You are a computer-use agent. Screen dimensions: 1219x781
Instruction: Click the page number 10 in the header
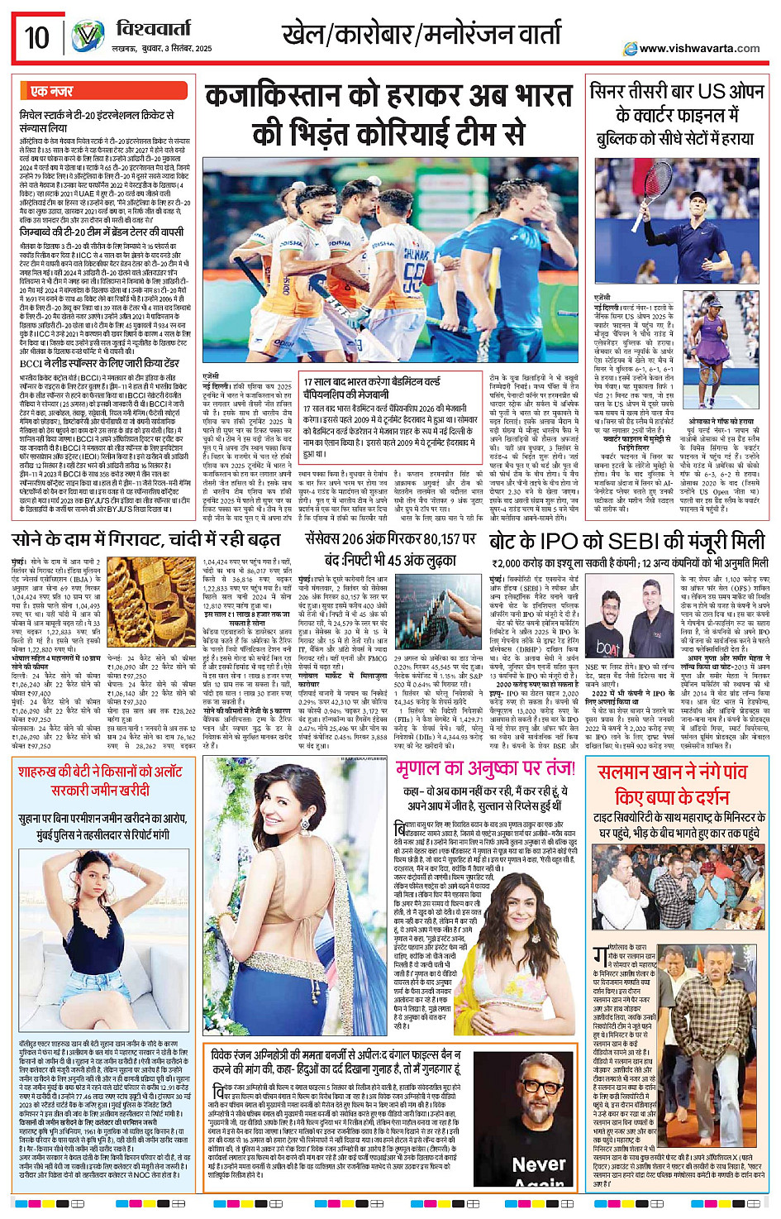[x=36, y=37]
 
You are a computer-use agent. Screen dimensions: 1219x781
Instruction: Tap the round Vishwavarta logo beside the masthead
[x=88, y=38]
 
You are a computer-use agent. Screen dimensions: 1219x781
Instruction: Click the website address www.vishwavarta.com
[x=699, y=48]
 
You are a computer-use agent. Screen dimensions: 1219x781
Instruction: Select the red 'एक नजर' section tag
[x=51, y=90]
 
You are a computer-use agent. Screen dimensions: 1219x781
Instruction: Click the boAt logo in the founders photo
[x=608, y=649]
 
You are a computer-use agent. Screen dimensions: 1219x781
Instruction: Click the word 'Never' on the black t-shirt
[x=538, y=1164]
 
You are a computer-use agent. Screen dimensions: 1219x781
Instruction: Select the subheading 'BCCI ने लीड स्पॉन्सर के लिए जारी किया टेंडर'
[x=100, y=362]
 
